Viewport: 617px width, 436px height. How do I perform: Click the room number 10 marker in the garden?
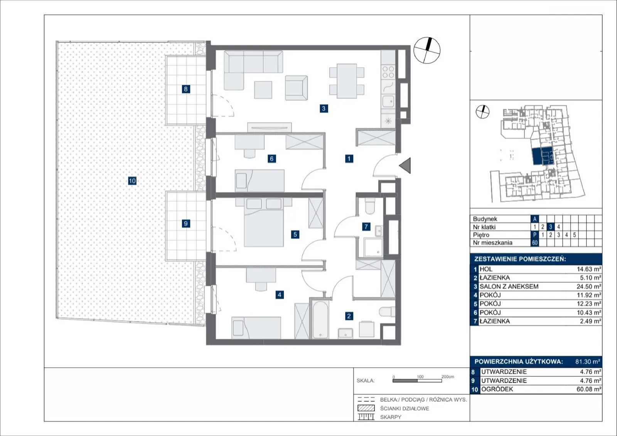(x=132, y=181)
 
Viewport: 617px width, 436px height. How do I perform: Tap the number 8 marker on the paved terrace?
(x=185, y=89)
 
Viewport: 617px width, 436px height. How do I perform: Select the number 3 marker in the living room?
(x=324, y=109)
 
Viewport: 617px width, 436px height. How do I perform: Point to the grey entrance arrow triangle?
(x=405, y=165)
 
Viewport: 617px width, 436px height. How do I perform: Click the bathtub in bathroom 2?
(x=320, y=319)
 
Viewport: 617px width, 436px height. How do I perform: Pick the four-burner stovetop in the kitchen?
(x=388, y=72)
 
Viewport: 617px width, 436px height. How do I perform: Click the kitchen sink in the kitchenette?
(x=388, y=101)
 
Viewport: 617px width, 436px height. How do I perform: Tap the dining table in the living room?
(x=347, y=81)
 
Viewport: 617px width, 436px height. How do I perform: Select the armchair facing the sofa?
(x=297, y=88)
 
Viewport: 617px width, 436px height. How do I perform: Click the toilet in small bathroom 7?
(x=370, y=206)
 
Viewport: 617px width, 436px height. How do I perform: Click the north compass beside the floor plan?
(x=427, y=51)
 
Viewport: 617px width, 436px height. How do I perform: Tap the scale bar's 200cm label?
(x=448, y=377)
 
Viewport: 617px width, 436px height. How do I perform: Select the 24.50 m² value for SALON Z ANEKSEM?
(x=588, y=287)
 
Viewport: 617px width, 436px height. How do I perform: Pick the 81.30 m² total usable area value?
(x=588, y=361)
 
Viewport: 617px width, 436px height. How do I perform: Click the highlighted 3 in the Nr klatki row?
(x=550, y=227)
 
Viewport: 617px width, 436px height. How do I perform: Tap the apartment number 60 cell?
(x=534, y=243)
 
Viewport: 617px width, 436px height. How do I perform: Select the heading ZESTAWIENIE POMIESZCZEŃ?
(x=520, y=259)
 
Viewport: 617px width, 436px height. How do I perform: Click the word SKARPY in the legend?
(x=391, y=417)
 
